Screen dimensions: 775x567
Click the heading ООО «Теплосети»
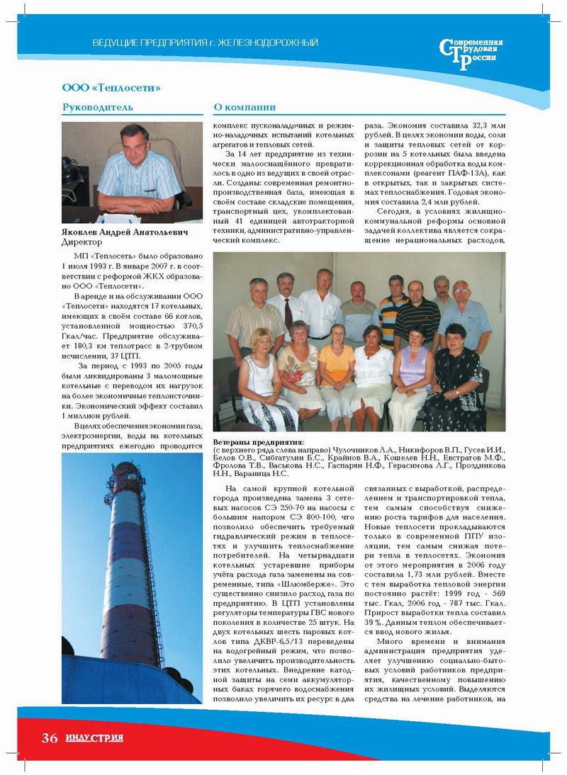click(111, 88)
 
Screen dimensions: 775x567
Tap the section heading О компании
click(245, 108)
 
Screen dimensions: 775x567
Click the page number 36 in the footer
click(49, 738)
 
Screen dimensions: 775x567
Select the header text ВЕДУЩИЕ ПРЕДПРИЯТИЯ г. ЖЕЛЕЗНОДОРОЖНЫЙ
click(206, 43)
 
